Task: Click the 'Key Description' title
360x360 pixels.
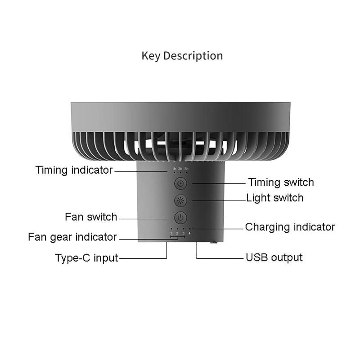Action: tap(182, 56)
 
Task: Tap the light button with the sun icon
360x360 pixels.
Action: tap(180, 201)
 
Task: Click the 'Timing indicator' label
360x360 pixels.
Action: tap(74, 170)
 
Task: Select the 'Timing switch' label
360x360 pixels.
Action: tap(281, 182)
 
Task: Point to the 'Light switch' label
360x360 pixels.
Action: tap(274, 198)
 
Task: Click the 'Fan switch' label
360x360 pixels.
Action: tap(91, 217)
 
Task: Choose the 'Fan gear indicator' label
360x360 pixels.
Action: tap(72, 237)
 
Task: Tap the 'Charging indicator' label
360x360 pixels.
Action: tap(290, 227)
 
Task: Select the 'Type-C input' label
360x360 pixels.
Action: tap(86, 258)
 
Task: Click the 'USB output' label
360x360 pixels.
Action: tap(274, 258)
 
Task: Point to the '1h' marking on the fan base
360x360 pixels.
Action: tap(174, 169)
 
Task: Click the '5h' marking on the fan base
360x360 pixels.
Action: tap(186, 169)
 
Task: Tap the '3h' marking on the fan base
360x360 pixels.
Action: tap(180, 169)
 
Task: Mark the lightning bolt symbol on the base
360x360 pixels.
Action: tap(189, 233)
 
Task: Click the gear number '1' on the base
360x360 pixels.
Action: tap(171, 233)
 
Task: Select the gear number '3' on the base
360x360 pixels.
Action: tap(183, 233)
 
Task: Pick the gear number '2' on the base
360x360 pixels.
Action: tap(177, 233)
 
